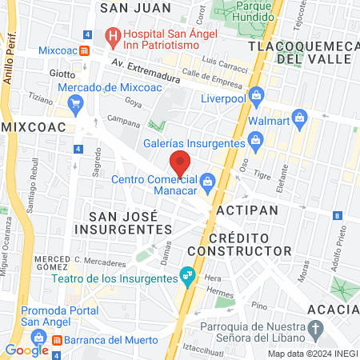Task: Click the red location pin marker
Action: pyautogui.click(x=181, y=162)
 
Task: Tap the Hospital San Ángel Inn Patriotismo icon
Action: pyautogui.click(x=113, y=35)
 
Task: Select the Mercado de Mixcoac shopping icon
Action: pyautogui.click(x=76, y=102)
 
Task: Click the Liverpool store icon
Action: pyautogui.click(x=255, y=96)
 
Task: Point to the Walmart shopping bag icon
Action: pyautogui.click(x=300, y=117)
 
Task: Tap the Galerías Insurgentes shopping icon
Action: pyautogui.click(x=255, y=142)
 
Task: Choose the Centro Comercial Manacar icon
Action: pyautogui.click(x=207, y=181)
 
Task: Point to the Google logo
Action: pyautogui.click(x=26, y=350)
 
